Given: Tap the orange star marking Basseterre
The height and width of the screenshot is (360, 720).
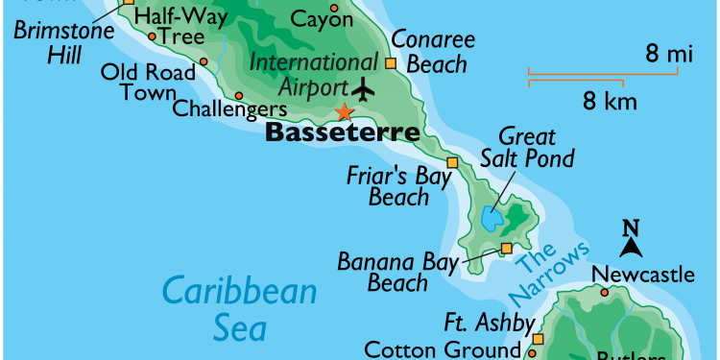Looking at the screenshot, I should [x=342, y=113].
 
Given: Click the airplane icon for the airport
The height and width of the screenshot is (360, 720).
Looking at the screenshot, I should [x=364, y=89].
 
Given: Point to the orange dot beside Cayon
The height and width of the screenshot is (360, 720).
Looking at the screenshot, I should [x=334, y=9].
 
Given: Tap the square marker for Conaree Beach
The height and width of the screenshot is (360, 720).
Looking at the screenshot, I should [x=390, y=63].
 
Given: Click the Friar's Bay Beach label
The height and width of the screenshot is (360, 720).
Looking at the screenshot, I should [x=387, y=186].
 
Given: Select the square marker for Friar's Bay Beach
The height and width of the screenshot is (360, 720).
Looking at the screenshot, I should [x=452, y=162].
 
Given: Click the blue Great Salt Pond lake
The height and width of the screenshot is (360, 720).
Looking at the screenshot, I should [x=492, y=220].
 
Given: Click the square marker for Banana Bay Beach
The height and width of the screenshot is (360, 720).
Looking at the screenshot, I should [x=506, y=250].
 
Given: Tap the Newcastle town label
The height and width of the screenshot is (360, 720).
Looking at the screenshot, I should [x=642, y=276].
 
